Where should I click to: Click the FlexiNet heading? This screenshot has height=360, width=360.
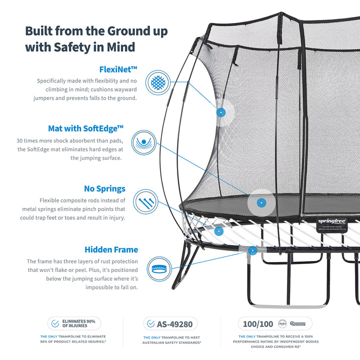point(118,69)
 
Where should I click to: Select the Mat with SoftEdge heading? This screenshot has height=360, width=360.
point(85,128)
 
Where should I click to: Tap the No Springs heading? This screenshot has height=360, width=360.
point(104,189)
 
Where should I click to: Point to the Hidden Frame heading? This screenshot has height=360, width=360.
point(111,249)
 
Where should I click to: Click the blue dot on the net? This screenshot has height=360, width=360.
point(220,112)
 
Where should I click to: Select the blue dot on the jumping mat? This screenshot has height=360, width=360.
point(261,203)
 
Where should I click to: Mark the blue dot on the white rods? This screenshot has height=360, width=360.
point(218,231)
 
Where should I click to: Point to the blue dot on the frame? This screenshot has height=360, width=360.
point(252,250)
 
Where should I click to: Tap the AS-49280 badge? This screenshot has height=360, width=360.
point(170,323)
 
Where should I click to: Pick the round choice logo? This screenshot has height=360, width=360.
point(283,323)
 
